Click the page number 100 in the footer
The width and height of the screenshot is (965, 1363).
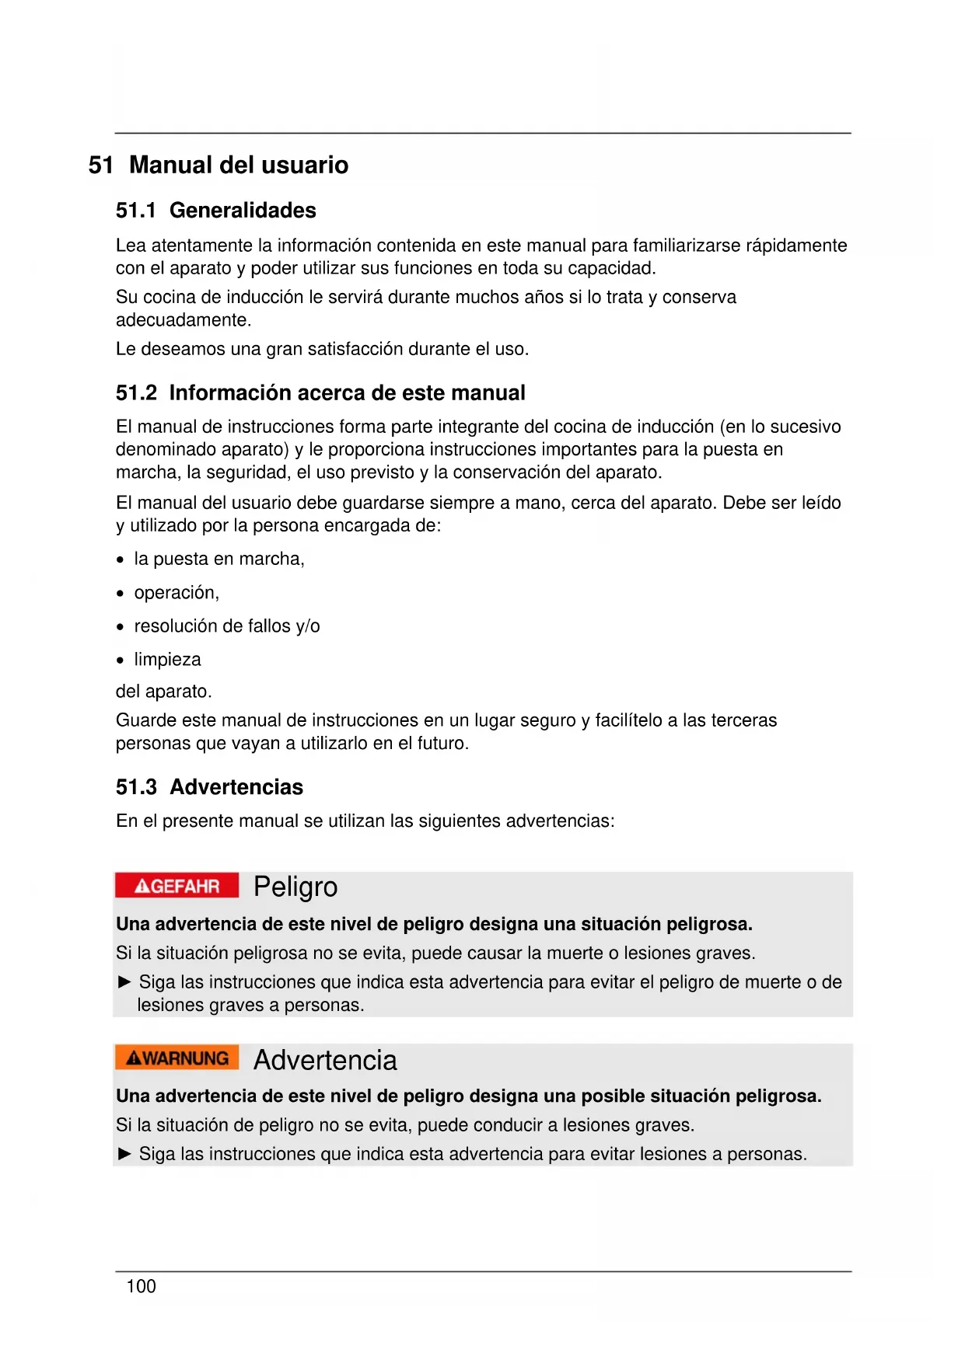pyautogui.click(x=141, y=1286)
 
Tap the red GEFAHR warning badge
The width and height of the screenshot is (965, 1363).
pyautogui.click(x=177, y=886)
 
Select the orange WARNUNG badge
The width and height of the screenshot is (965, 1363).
pyautogui.click(x=177, y=1058)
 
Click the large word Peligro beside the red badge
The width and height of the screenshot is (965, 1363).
pyautogui.click(x=295, y=887)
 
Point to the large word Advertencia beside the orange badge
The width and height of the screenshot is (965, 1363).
pyautogui.click(x=325, y=1060)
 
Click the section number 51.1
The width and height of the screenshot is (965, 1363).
pyautogui.click(x=136, y=211)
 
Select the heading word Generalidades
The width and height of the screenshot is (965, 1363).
pyautogui.click(x=243, y=211)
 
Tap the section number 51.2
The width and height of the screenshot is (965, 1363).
pyautogui.click(x=136, y=393)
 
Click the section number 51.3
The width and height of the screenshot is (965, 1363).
pyautogui.click(x=136, y=787)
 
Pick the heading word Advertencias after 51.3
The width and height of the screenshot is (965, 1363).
pyautogui.click(x=236, y=787)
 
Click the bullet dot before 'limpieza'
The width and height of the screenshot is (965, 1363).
pyautogui.click(x=120, y=661)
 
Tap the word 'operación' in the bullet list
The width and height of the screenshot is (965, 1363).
pyautogui.click(x=175, y=593)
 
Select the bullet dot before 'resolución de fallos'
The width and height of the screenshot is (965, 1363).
pyautogui.click(x=120, y=627)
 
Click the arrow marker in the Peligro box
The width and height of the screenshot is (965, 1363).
pyautogui.click(x=124, y=982)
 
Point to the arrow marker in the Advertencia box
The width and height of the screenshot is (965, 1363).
pyautogui.click(x=124, y=1154)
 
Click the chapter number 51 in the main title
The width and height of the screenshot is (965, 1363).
pyautogui.click(x=101, y=165)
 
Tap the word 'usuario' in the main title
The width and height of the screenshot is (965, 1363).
pyautogui.click(x=305, y=165)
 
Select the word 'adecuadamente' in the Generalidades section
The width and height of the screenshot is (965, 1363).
pyautogui.click(x=182, y=320)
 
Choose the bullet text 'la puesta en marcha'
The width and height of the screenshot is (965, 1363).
pyautogui.click(x=218, y=559)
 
